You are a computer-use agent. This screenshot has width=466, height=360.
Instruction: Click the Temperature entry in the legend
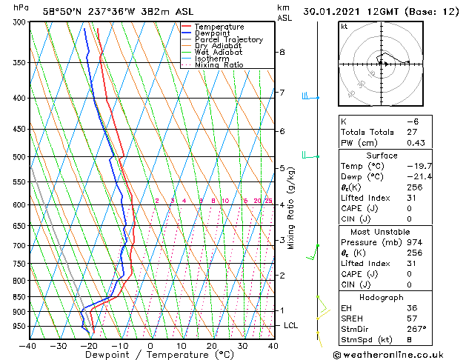(x=219, y=27)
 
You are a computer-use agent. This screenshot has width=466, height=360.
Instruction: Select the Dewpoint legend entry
(x=213, y=33)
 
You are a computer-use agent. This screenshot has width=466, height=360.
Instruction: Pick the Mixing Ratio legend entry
(x=219, y=65)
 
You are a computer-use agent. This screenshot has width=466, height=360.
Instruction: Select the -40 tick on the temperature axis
(x=28, y=345)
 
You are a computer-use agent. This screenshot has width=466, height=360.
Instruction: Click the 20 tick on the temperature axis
(x=211, y=345)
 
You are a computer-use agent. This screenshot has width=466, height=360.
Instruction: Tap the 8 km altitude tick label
(x=282, y=52)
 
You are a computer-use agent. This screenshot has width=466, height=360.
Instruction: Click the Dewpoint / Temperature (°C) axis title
(x=150, y=355)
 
